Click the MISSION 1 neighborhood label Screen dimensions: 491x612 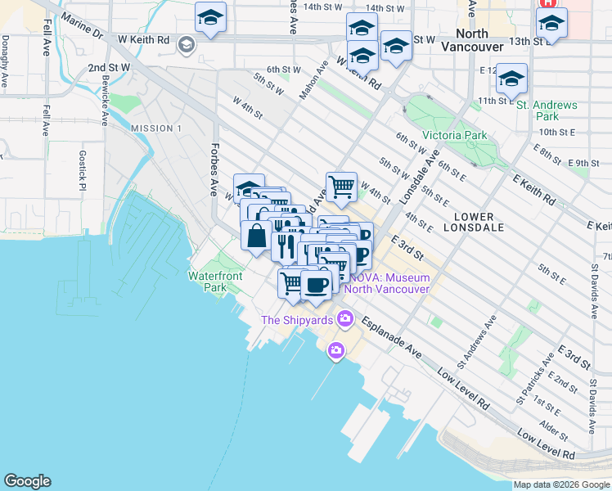pyautogui.click(x=155, y=128)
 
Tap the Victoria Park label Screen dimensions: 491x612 pyautogui.click(x=454, y=135)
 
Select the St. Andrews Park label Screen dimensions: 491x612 pyautogui.click(x=547, y=110)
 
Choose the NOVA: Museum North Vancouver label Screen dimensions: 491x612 pyautogui.click(x=387, y=283)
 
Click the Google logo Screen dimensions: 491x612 pyautogui.click(x=27, y=481)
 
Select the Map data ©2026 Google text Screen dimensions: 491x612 pyautogui.click(x=561, y=484)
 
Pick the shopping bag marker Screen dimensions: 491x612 pyautogui.click(x=257, y=236)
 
